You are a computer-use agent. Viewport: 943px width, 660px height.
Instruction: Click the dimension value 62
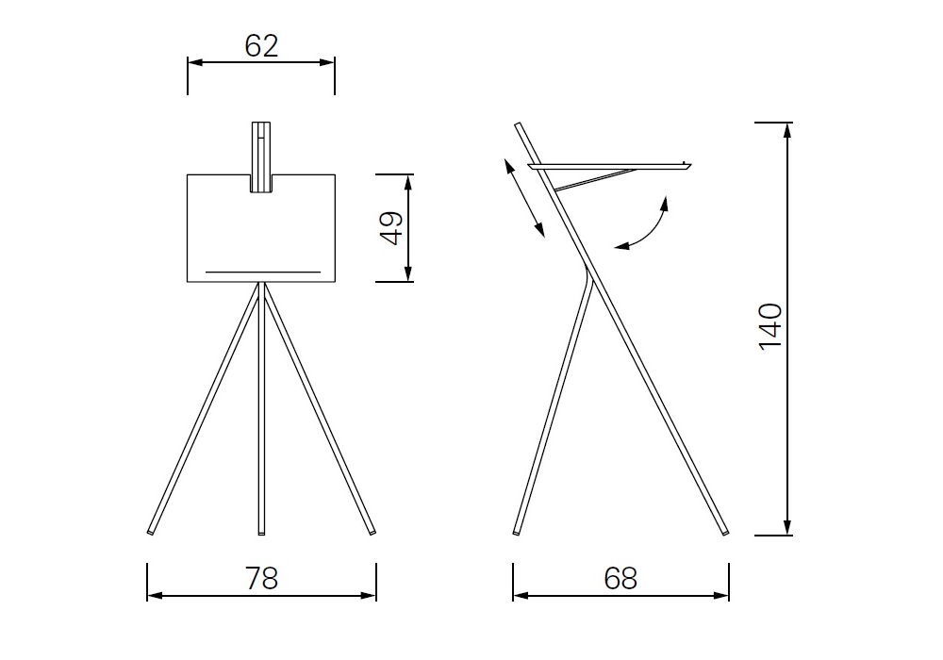pos(261,46)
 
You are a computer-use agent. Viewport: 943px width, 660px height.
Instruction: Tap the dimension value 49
pos(391,228)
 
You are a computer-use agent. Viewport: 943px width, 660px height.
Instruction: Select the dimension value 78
pos(261,578)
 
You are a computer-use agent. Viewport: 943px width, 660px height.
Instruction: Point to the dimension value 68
pos(620,578)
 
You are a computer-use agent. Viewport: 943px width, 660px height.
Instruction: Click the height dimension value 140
pos(770,326)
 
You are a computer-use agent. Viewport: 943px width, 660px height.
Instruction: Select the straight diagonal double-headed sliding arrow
pos(523,198)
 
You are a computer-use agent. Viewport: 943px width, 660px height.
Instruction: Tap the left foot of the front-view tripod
pos(150,532)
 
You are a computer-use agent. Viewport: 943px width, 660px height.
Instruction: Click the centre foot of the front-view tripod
pos(261,532)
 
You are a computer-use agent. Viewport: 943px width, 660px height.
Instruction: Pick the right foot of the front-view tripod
pos(372,532)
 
